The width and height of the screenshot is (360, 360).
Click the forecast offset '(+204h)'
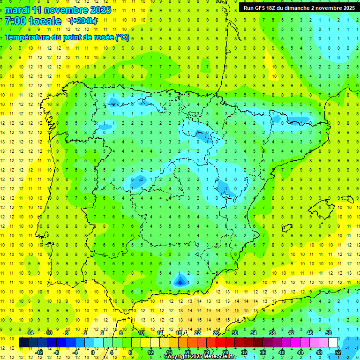(x=83, y=21)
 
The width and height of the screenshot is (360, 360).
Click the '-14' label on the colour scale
(x=29, y=332)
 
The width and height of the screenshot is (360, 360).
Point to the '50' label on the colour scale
(x=328, y=332)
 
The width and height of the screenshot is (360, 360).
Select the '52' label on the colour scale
(x=338, y=352)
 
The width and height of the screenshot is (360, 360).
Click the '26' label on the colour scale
(x=216, y=332)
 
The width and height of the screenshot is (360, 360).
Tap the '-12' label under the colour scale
(x=39, y=352)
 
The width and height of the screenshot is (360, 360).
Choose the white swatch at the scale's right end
(x=333, y=343)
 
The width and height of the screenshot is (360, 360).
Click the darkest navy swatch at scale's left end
(x=23, y=343)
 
